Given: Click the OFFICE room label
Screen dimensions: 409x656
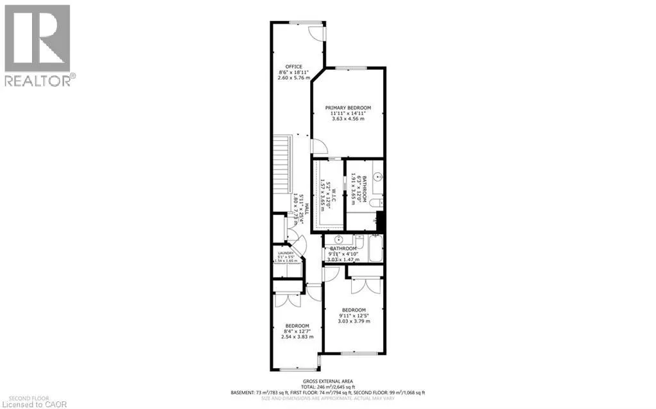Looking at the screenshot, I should (294, 67).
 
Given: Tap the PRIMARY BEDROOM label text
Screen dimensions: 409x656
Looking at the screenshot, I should (348, 108).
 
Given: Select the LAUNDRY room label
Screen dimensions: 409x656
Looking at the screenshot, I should (285, 253).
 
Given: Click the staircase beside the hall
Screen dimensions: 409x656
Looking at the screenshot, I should (282, 173).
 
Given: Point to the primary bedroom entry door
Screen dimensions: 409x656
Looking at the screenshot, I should (316, 147).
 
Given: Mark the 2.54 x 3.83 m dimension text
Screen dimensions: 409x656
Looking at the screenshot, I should (297, 337).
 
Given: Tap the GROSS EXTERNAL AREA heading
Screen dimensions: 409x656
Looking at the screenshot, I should (328, 380).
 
